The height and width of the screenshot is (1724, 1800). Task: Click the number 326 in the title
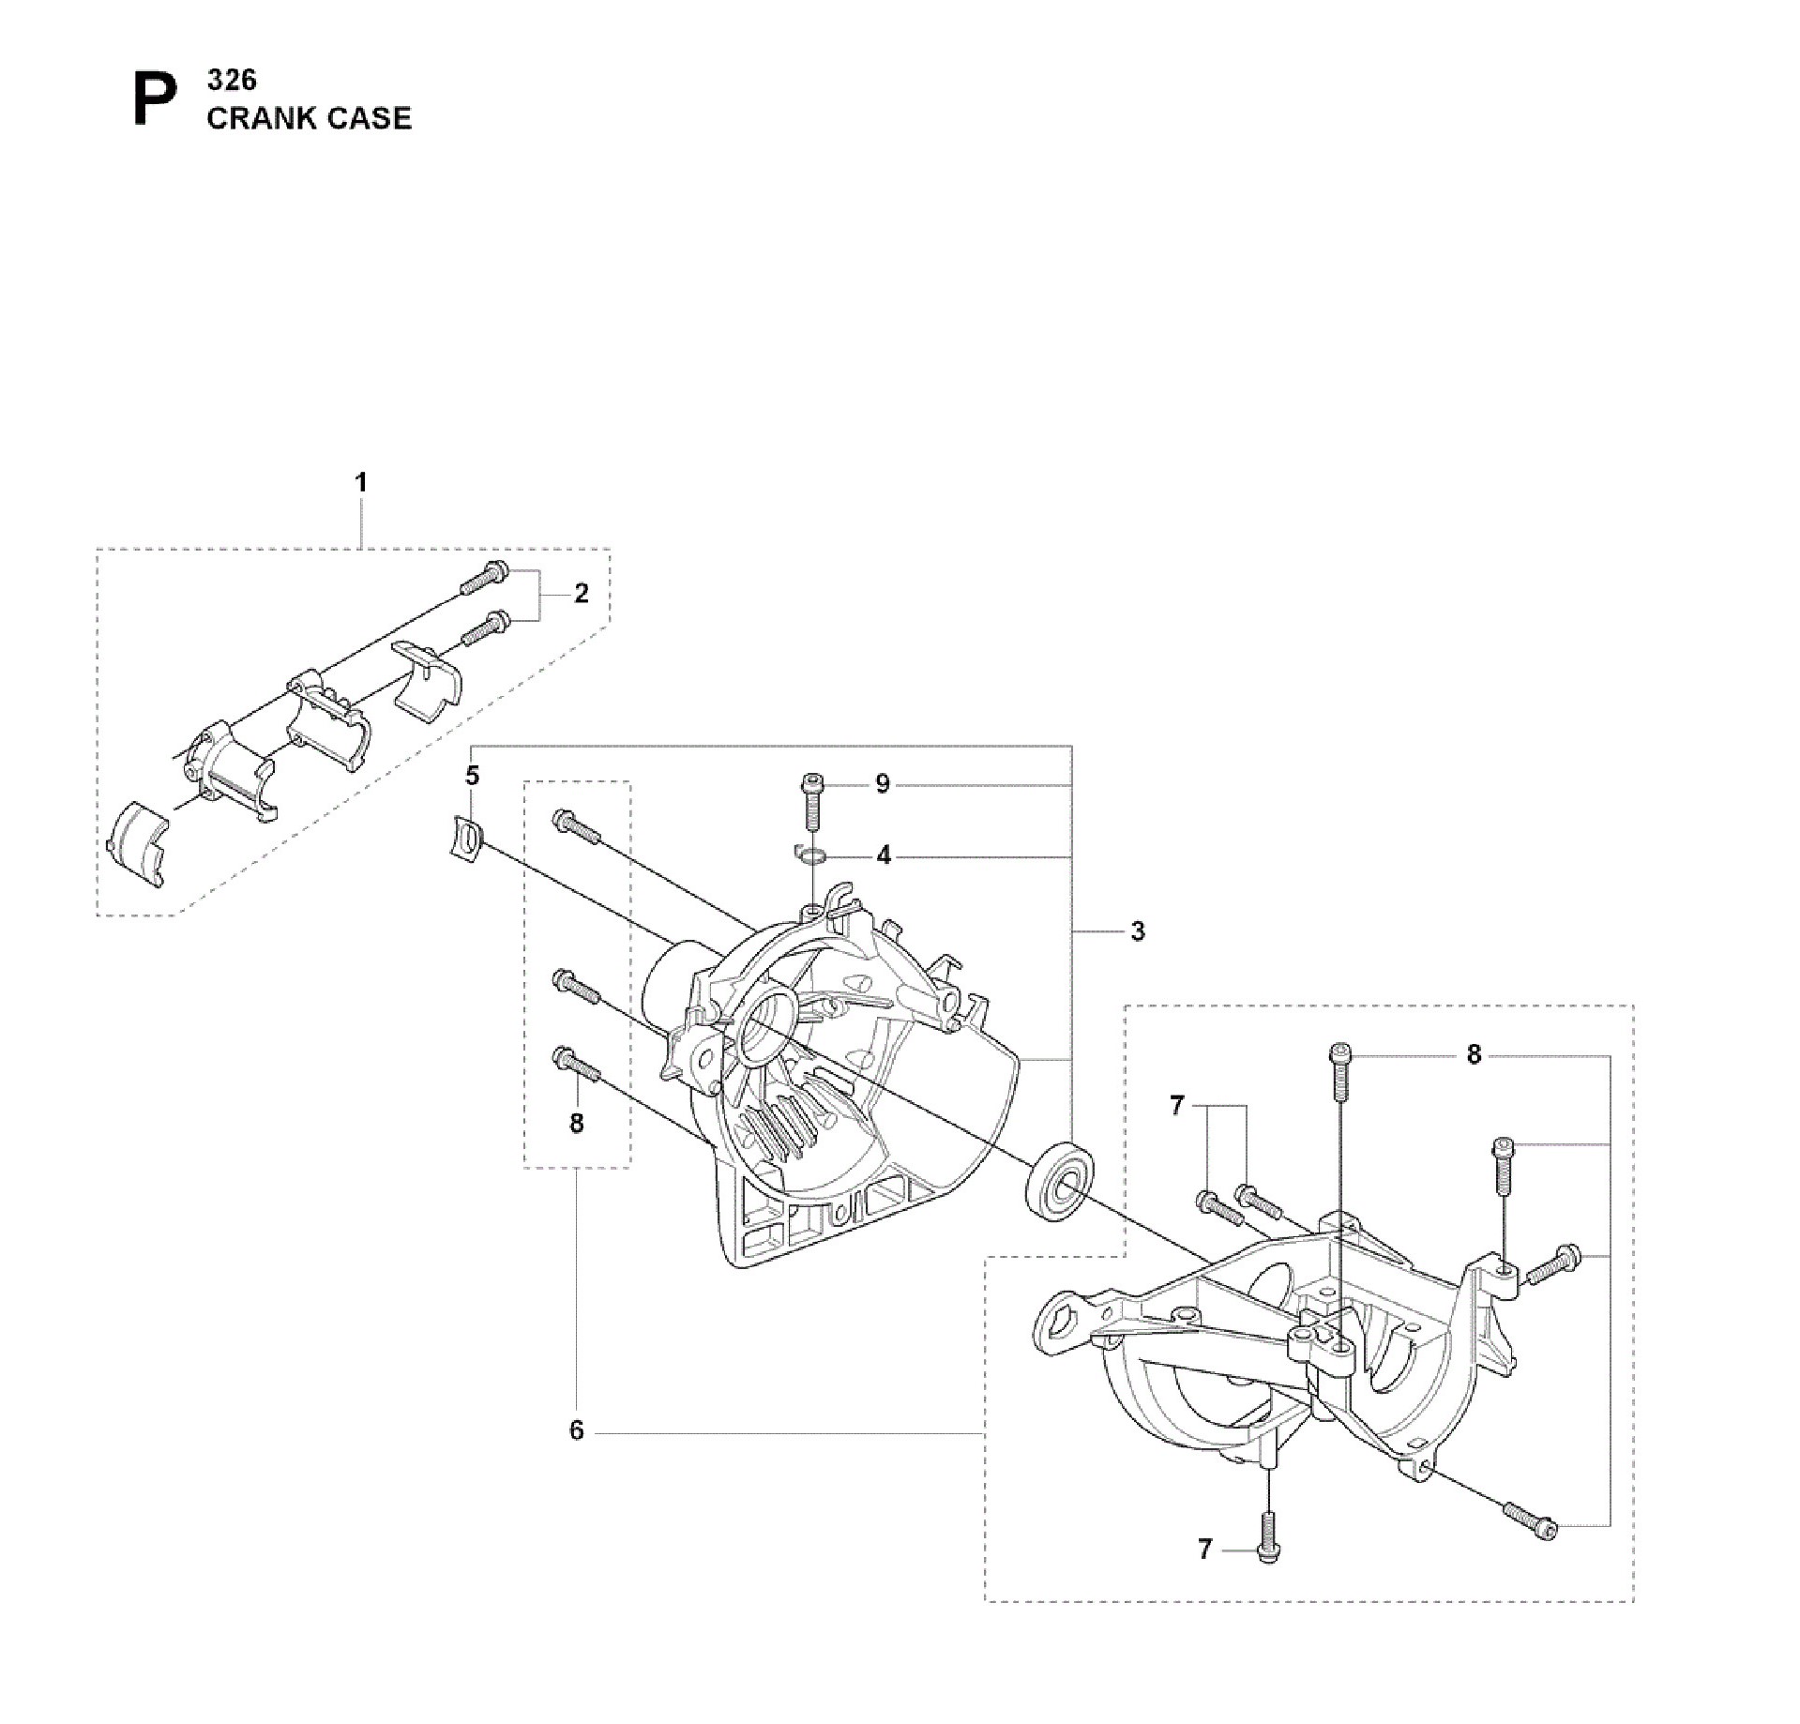pyautogui.click(x=232, y=80)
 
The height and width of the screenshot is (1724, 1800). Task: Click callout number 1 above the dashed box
pyautogui.click(x=361, y=482)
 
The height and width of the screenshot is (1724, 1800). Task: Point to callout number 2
pyautogui.click(x=582, y=593)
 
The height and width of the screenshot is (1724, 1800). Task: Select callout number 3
pyautogui.click(x=1138, y=931)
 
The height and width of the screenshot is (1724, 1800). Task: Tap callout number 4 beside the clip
pyautogui.click(x=884, y=855)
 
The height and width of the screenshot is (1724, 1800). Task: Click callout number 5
pyautogui.click(x=473, y=776)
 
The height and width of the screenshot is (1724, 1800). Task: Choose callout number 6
pyautogui.click(x=577, y=1430)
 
